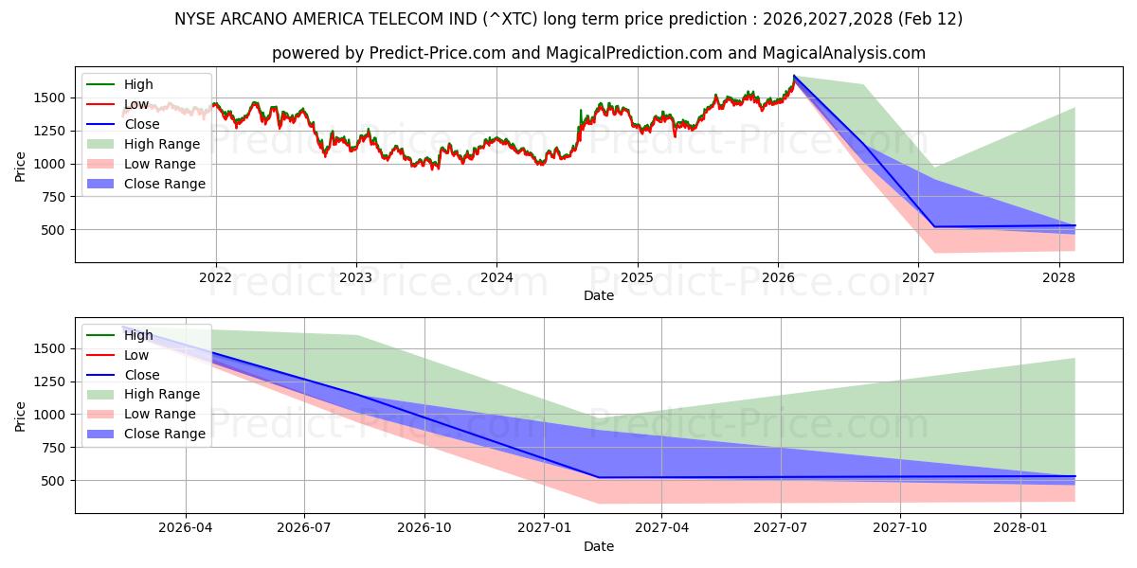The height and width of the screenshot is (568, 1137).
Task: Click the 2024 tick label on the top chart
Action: coord(496,277)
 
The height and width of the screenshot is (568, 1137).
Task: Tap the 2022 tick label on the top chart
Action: coord(216,277)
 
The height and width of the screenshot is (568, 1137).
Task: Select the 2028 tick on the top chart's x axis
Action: coord(1058,277)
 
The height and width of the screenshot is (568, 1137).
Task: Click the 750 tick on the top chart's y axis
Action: coord(53,197)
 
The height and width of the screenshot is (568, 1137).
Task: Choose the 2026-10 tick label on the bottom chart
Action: coord(424,528)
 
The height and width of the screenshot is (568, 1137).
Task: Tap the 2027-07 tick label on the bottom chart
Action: coord(781,528)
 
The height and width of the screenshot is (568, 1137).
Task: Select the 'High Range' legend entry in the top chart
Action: coord(161,144)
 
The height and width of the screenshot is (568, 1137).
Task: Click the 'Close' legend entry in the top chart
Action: coord(142,124)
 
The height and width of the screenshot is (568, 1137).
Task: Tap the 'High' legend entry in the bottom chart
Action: coord(138,335)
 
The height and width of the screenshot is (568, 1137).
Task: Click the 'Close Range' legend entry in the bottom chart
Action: coord(164,434)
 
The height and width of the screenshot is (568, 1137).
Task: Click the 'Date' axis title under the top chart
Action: coord(598,295)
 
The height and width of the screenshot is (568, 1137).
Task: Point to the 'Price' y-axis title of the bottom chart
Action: coord(21,416)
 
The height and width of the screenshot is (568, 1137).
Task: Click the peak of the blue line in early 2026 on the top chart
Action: coord(794,76)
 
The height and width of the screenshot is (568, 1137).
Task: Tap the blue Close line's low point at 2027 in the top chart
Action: coord(934,226)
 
